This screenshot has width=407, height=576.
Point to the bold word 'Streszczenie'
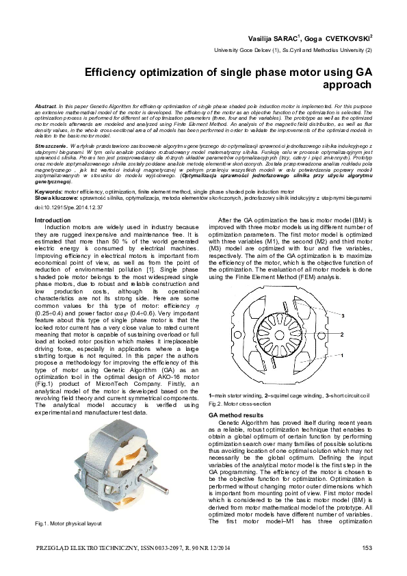(x=53, y=146)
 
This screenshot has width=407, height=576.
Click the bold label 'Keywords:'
(x=48, y=192)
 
